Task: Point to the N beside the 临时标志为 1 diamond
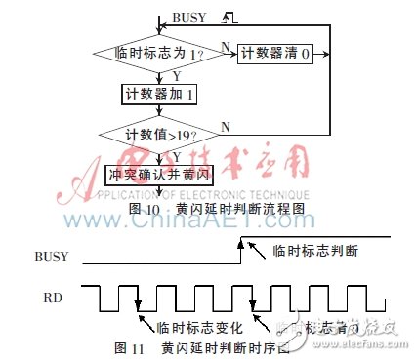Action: pyautogui.click(x=226, y=45)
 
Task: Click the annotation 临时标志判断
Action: pyautogui.click(x=317, y=251)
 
